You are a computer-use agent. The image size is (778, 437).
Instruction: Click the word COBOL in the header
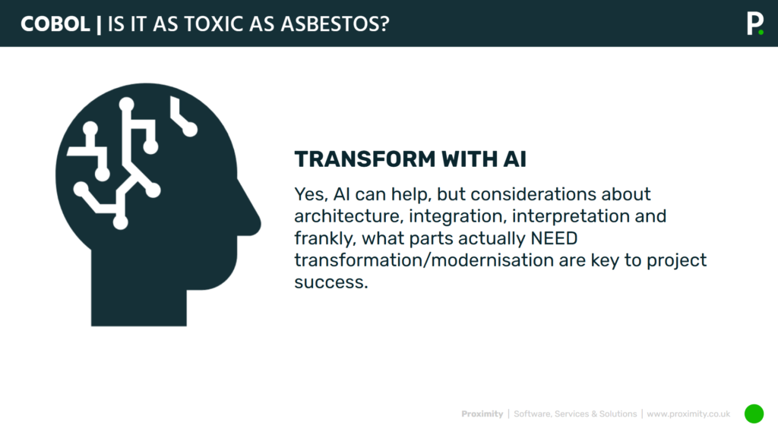pyautogui.click(x=55, y=24)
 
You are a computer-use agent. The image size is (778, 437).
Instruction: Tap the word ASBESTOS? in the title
pyautogui.click(x=335, y=24)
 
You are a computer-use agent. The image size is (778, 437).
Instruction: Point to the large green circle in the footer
pyautogui.click(x=754, y=413)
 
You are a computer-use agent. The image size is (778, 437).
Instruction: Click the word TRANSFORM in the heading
pyautogui.click(x=365, y=159)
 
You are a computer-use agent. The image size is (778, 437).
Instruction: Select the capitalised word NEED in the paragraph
pyautogui.click(x=554, y=238)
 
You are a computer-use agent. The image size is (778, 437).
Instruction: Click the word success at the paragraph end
pyautogui.click(x=331, y=282)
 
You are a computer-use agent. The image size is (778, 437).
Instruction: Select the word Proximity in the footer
pyautogui.click(x=482, y=413)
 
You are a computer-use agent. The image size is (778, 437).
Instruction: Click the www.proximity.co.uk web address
pyautogui.click(x=688, y=413)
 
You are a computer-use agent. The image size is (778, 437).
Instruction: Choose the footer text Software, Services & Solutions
pyautogui.click(x=575, y=413)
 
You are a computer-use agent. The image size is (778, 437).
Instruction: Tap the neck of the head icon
pyautogui.click(x=139, y=297)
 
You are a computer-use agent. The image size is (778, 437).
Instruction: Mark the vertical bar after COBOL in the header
pyautogui.click(x=99, y=25)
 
